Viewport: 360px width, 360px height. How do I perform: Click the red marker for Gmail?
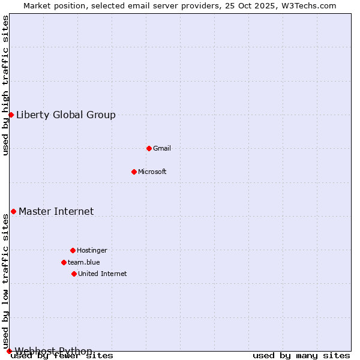[x=149, y=148]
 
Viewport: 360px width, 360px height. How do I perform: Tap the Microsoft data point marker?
[x=134, y=172]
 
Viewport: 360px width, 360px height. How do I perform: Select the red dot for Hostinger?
[x=73, y=250]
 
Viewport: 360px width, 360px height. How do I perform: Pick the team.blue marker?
[x=64, y=262]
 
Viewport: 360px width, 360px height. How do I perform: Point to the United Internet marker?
[x=74, y=274]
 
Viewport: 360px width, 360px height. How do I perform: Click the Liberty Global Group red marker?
[x=11, y=115]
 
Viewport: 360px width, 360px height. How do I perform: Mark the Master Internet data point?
[x=13, y=211]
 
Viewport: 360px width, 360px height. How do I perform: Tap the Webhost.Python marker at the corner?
[x=9, y=351]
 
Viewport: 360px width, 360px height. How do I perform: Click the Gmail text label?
[x=162, y=148]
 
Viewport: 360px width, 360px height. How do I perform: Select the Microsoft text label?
[x=152, y=172]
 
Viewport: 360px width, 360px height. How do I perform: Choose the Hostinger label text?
[x=92, y=250]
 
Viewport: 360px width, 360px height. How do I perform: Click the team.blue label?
[x=84, y=262]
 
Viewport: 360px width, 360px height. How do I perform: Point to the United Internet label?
[x=103, y=274]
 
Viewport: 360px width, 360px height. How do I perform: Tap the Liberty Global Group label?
[x=66, y=115]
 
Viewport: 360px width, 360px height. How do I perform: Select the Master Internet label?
[x=56, y=211]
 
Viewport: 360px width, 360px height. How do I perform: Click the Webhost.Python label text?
[x=54, y=351]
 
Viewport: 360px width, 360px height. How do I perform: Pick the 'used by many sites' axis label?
[x=301, y=355]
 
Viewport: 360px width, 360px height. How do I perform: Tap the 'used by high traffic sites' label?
[x=6, y=85]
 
